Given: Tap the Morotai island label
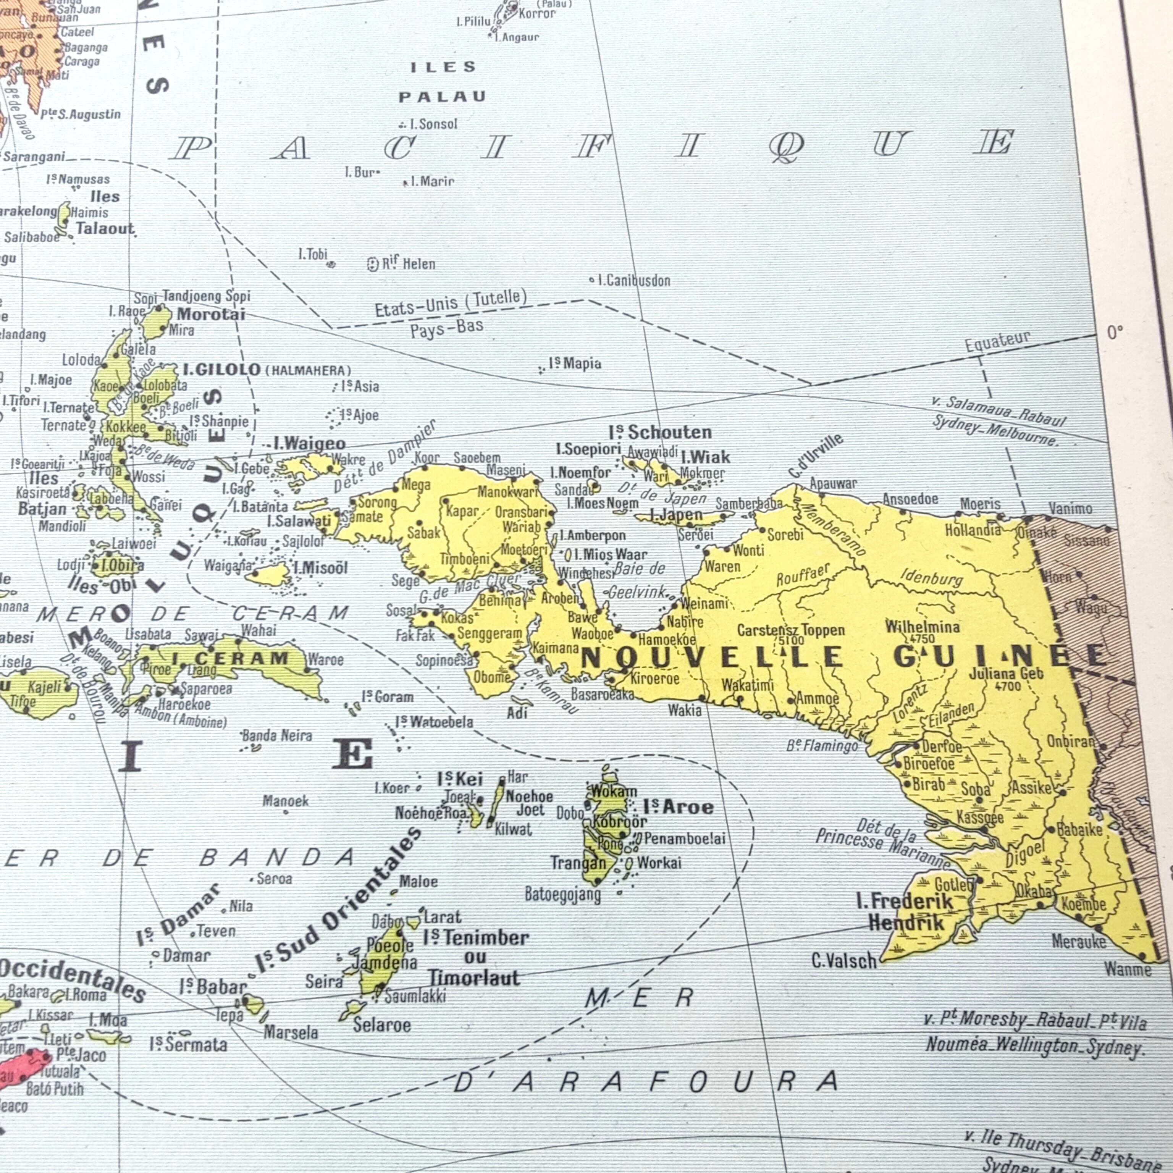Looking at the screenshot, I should (x=211, y=314).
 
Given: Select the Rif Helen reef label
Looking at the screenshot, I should (x=408, y=264).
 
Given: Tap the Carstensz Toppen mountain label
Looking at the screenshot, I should (x=790, y=630).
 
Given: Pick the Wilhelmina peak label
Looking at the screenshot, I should (x=922, y=627).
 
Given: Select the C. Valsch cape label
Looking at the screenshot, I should (x=844, y=960).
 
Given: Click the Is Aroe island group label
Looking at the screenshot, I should (x=678, y=807).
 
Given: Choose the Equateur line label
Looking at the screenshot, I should (x=997, y=341).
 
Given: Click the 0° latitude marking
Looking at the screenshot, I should (x=1115, y=333).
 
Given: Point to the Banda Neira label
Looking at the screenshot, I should (x=277, y=736).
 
